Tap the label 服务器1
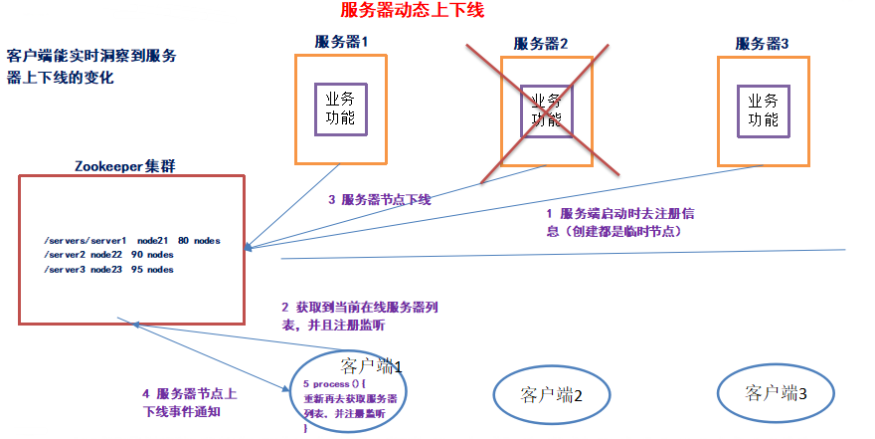[x=341, y=43]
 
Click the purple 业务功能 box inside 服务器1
[x=340, y=110]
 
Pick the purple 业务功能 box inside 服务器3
[x=763, y=110]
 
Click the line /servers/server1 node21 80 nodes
[x=132, y=241]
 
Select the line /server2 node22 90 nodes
[x=109, y=255]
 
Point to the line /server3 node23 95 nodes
[x=109, y=270]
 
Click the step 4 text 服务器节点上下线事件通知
[x=190, y=401]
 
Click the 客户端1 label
[x=370, y=365]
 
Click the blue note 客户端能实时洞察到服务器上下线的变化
[x=92, y=66]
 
